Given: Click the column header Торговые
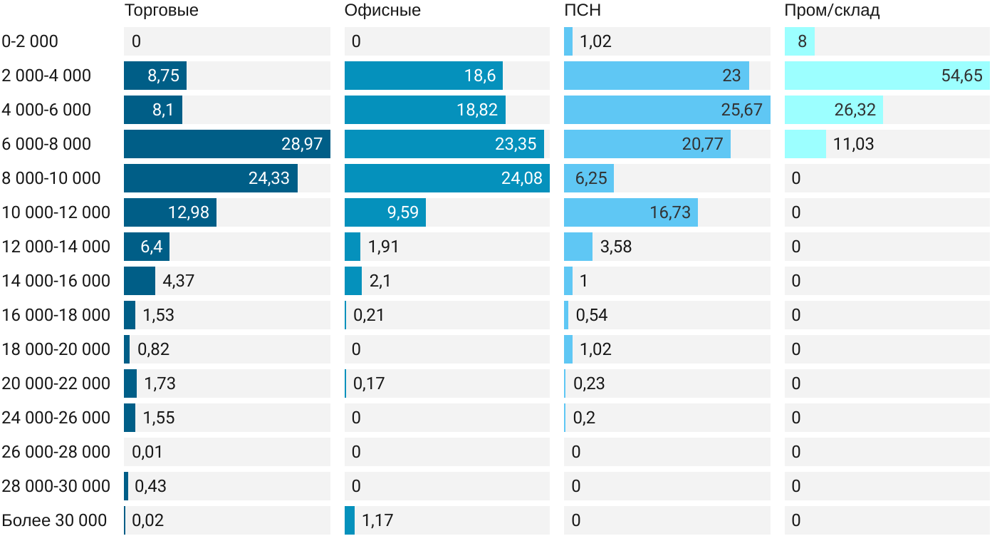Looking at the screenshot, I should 161,11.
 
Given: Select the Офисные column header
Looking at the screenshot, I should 382,11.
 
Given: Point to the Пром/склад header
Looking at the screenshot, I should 832,11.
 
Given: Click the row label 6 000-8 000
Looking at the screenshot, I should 47,144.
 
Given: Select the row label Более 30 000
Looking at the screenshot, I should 54,520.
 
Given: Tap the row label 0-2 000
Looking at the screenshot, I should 30,41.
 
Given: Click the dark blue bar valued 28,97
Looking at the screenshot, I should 226,144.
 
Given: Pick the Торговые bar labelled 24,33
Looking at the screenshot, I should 210,178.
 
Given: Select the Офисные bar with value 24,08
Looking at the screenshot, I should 447,178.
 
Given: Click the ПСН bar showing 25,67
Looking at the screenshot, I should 667,110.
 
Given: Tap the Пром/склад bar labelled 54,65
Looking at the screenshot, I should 887,76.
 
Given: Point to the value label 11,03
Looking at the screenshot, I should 853,144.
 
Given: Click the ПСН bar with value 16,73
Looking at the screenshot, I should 630,212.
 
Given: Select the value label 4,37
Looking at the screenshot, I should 178,281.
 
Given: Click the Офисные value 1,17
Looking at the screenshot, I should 377,520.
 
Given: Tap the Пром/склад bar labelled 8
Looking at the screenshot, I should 799,41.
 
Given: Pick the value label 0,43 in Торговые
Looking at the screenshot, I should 150,486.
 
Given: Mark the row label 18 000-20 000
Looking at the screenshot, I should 56,349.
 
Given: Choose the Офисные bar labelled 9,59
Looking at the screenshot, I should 385,212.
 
